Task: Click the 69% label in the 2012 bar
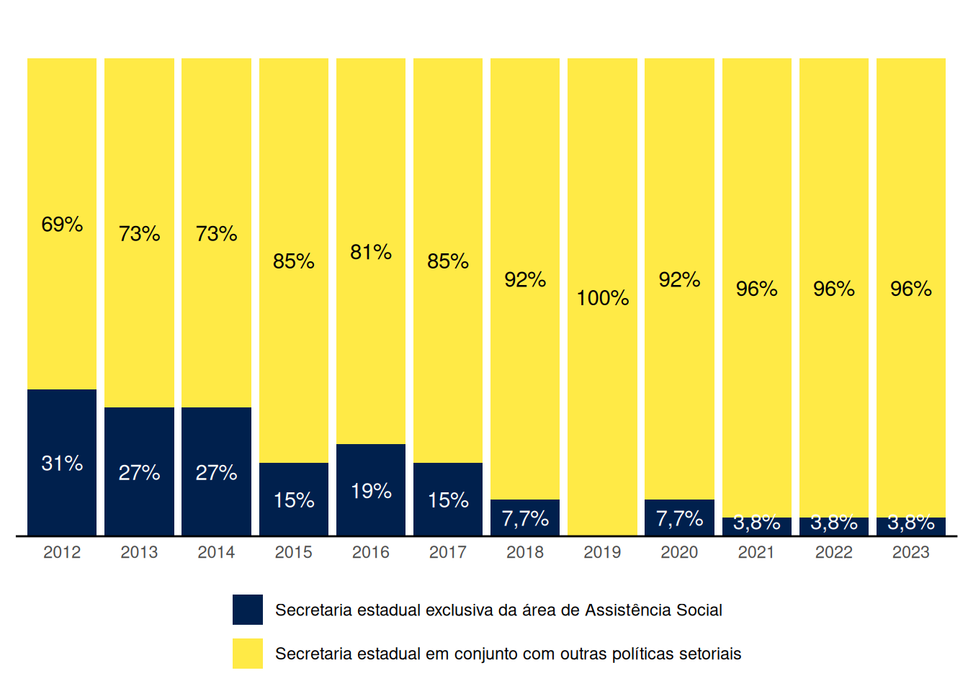tap(62, 225)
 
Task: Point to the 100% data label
tap(603, 298)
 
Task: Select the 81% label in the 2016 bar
tap(371, 252)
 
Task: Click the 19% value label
tap(371, 491)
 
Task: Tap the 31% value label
tap(62, 463)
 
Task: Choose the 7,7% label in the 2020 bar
tap(679, 518)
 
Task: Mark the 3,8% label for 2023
tap(911, 523)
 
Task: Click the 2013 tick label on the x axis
tap(139, 552)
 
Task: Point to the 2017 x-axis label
tap(448, 552)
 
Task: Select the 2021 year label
tap(756, 552)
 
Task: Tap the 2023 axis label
tap(911, 552)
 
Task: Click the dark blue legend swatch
tap(248, 610)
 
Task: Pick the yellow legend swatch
tap(248, 654)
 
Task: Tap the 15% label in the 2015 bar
tap(294, 500)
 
